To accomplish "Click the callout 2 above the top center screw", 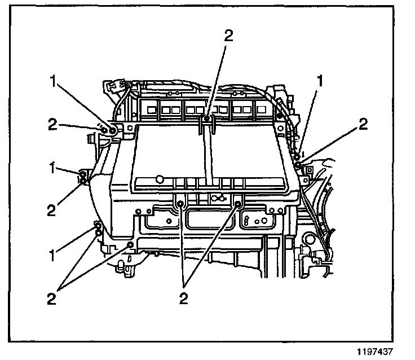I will coord(228,36).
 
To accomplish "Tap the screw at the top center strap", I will coord(207,118).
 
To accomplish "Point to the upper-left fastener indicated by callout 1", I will coord(113,131).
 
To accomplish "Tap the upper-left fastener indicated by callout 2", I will coord(105,130).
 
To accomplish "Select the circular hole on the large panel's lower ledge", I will coord(160,180).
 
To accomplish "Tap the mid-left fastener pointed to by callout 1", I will coord(83,175).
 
